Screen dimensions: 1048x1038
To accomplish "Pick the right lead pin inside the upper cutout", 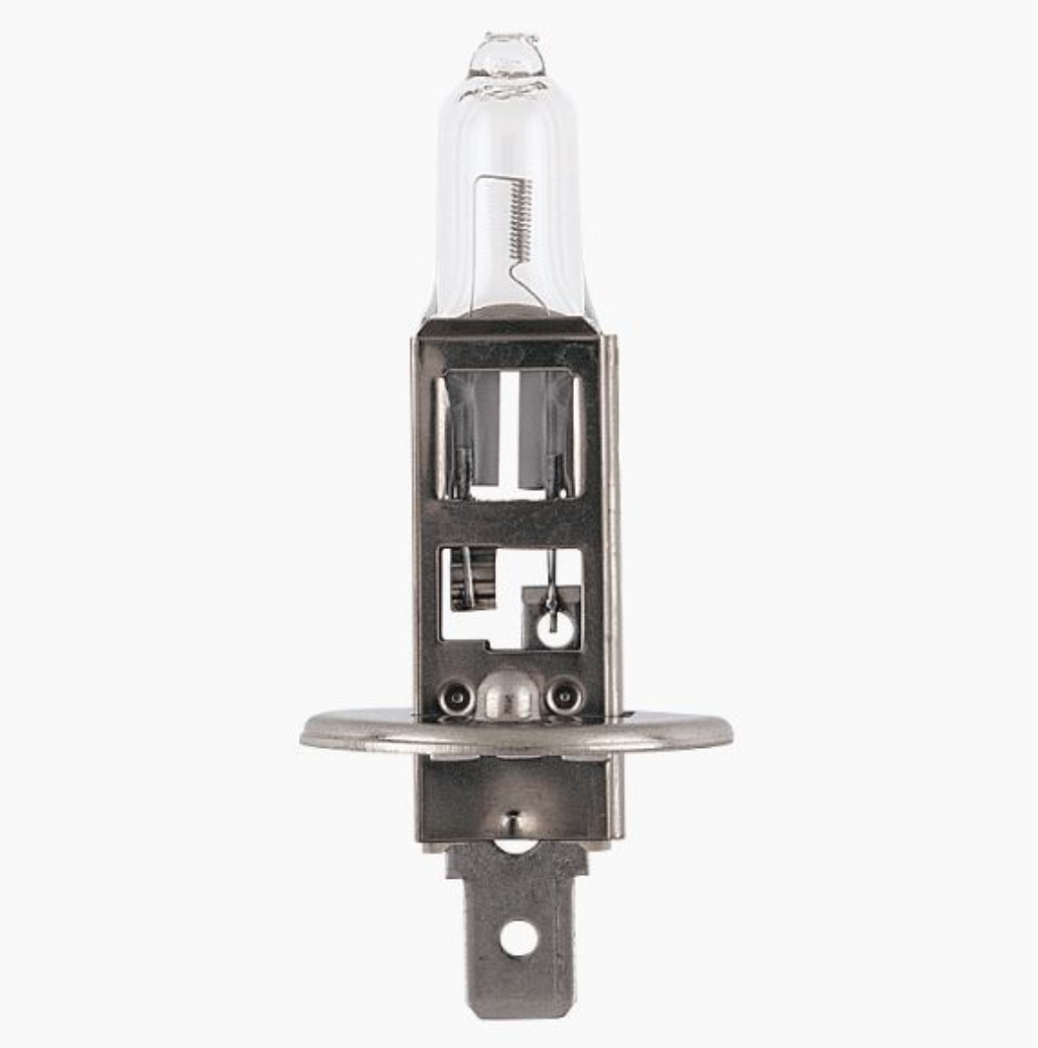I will [x=558, y=457].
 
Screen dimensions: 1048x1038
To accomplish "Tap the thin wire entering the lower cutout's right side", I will [x=553, y=582].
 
